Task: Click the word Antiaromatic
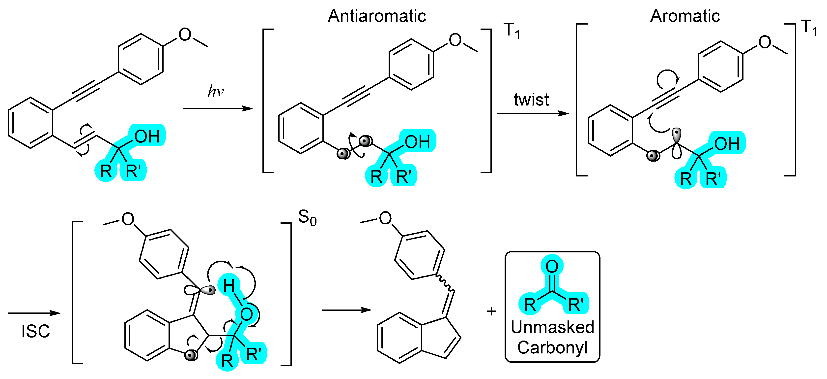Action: coord(377,16)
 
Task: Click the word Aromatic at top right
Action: coord(685,16)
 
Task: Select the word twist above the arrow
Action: coord(531,100)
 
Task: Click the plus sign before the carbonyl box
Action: coord(491,311)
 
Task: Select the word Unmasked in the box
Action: coord(552,327)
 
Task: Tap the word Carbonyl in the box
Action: coord(552,347)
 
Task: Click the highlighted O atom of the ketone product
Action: coord(552,266)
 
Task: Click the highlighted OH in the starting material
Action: coord(147,136)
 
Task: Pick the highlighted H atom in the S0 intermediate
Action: coord(228,286)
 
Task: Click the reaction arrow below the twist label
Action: coord(533,113)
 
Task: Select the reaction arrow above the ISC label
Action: coord(34,313)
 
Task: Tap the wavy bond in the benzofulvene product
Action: coord(445,284)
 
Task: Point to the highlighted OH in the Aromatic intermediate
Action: coord(727,144)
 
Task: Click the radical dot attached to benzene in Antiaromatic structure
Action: coord(343,154)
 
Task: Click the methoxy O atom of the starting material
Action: coord(185,34)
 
